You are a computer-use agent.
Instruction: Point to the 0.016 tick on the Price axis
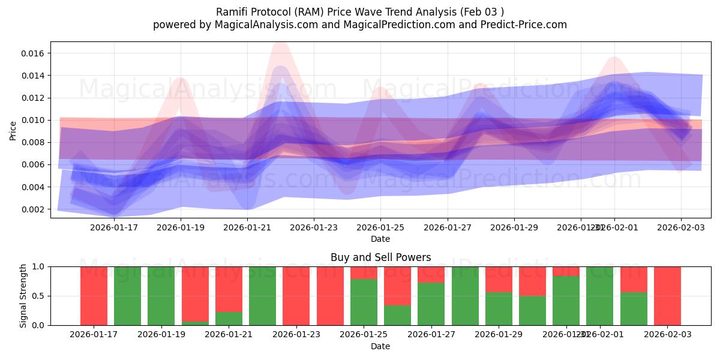[34, 53]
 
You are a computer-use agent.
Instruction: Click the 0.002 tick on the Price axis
[34, 209]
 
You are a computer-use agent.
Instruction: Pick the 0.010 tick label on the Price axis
[34, 120]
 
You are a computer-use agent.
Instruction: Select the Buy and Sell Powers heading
[380, 257]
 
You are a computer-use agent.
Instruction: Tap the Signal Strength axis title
[23, 295]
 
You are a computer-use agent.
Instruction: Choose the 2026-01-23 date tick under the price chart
[314, 227]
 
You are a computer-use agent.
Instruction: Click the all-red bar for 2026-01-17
[94, 295]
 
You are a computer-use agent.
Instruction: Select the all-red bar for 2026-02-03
[667, 295]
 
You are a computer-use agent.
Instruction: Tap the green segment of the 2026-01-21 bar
[229, 318]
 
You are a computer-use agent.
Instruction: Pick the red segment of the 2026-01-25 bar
[364, 272]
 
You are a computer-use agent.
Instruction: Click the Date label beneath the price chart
[380, 239]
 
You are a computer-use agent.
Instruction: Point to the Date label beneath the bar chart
[380, 346]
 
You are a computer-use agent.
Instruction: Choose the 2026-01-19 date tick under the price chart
[181, 227]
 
